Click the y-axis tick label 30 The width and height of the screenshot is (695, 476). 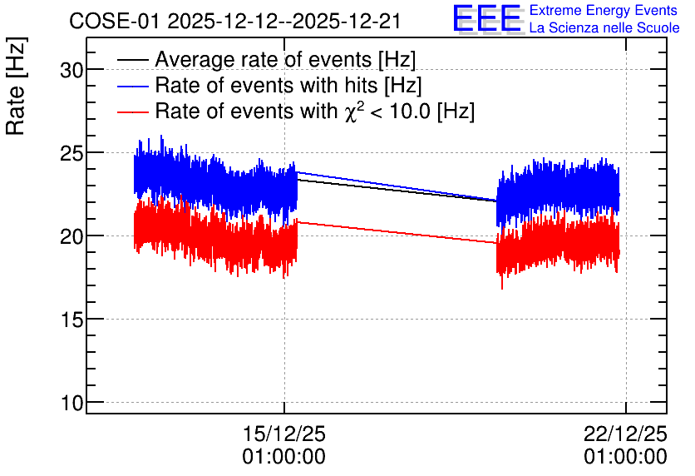tap(71, 70)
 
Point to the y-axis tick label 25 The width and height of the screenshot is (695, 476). tap(71, 153)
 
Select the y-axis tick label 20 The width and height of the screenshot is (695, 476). tap(71, 237)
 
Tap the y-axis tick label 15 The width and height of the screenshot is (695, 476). tap(71, 320)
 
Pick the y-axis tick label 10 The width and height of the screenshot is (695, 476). tap(71, 404)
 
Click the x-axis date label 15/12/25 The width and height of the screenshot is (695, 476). tap(284, 434)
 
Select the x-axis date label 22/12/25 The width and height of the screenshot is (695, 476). tap(625, 434)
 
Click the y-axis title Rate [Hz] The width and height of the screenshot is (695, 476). tap(16, 86)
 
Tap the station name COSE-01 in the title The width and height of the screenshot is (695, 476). tap(114, 21)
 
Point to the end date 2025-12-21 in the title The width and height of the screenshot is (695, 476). tap(347, 21)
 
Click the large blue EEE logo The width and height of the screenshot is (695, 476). tap(486, 18)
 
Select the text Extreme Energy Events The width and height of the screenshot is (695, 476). tap(604, 10)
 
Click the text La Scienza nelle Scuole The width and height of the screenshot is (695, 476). tap(604, 28)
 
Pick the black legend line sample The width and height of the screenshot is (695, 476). tap(132, 60)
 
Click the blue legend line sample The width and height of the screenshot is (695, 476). tap(132, 86)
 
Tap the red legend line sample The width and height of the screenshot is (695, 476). tap(132, 112)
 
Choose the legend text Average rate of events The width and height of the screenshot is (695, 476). tap(263, 59)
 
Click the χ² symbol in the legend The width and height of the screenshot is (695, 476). tap(353, 111)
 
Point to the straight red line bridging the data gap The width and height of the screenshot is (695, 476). tap(397, 232)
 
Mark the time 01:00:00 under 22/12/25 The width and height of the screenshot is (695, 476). tap(625, 457)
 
